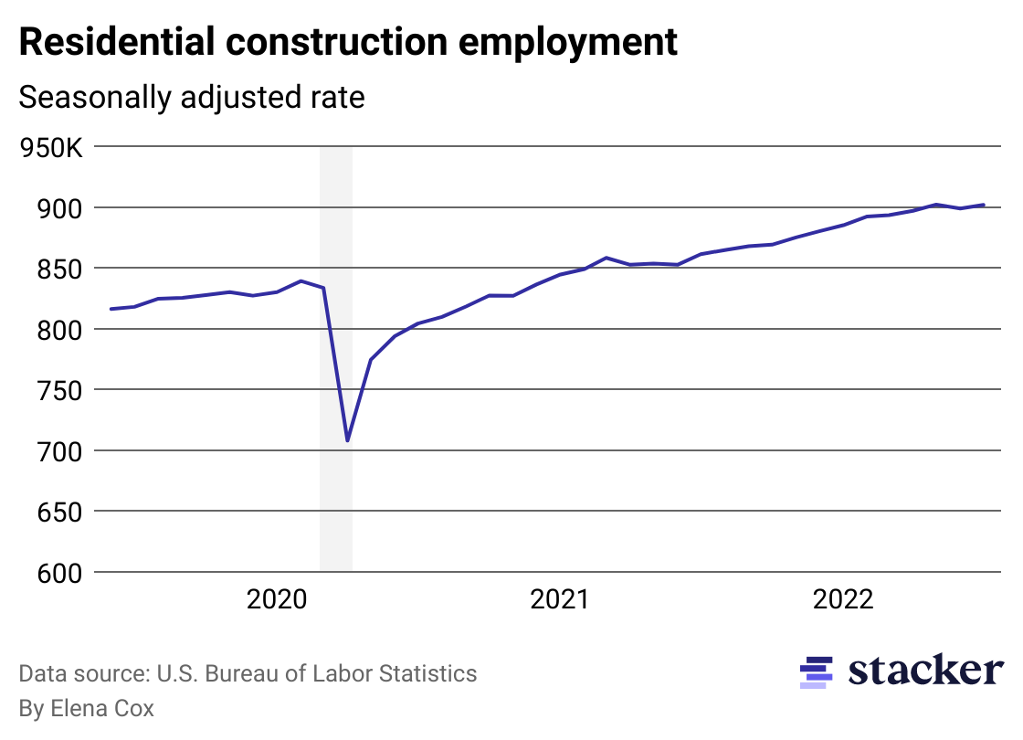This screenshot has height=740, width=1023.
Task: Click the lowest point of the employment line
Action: pyautogui.click(x=348, y=441)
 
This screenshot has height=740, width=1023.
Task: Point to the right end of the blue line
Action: pyautogui.click(x=984, y=205)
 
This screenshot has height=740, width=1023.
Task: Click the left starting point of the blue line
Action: pyautogui.click(x=111, y=309)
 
